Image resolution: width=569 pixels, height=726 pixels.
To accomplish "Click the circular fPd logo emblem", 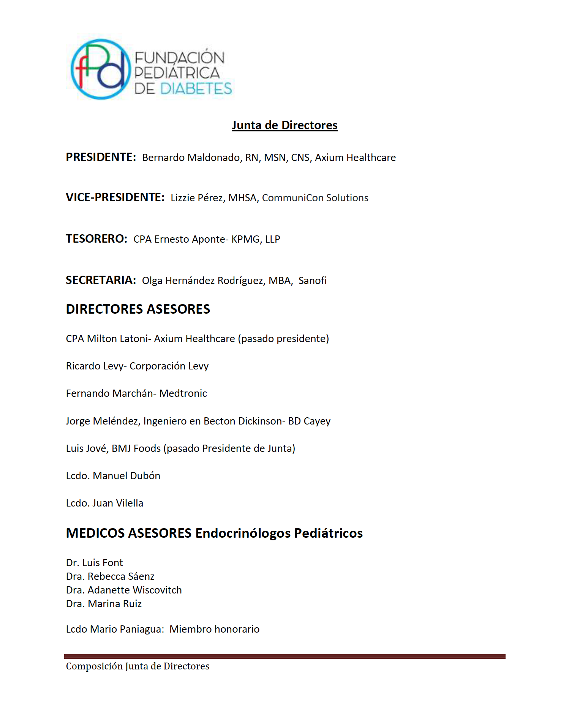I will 101,69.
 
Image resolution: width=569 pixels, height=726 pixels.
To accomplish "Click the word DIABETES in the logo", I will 196,89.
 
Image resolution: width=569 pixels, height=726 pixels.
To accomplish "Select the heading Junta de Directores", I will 284,125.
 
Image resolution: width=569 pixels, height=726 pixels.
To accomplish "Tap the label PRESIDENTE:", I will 101,157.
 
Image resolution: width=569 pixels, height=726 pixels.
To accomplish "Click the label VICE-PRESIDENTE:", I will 115,197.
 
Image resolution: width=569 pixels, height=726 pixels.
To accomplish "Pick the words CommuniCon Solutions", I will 315,198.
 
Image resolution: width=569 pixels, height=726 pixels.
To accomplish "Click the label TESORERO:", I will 96,239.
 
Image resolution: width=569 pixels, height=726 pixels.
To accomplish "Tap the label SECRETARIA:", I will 101,280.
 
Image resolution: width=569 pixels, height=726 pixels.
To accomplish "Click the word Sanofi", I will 312,281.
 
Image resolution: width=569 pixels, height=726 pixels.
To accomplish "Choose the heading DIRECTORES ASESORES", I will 138,309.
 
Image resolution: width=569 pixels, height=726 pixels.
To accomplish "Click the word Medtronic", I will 183,393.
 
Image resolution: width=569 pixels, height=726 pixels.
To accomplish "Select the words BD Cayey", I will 309,421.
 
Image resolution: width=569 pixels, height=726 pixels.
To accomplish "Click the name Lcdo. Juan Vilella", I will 104,503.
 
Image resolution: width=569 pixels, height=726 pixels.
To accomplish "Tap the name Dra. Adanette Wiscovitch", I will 124,590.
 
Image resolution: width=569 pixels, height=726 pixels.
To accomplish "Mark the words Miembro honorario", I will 214,629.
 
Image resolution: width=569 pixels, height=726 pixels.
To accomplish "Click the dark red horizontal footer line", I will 284,656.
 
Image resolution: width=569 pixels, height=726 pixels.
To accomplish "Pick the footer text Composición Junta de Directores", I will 138,666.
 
